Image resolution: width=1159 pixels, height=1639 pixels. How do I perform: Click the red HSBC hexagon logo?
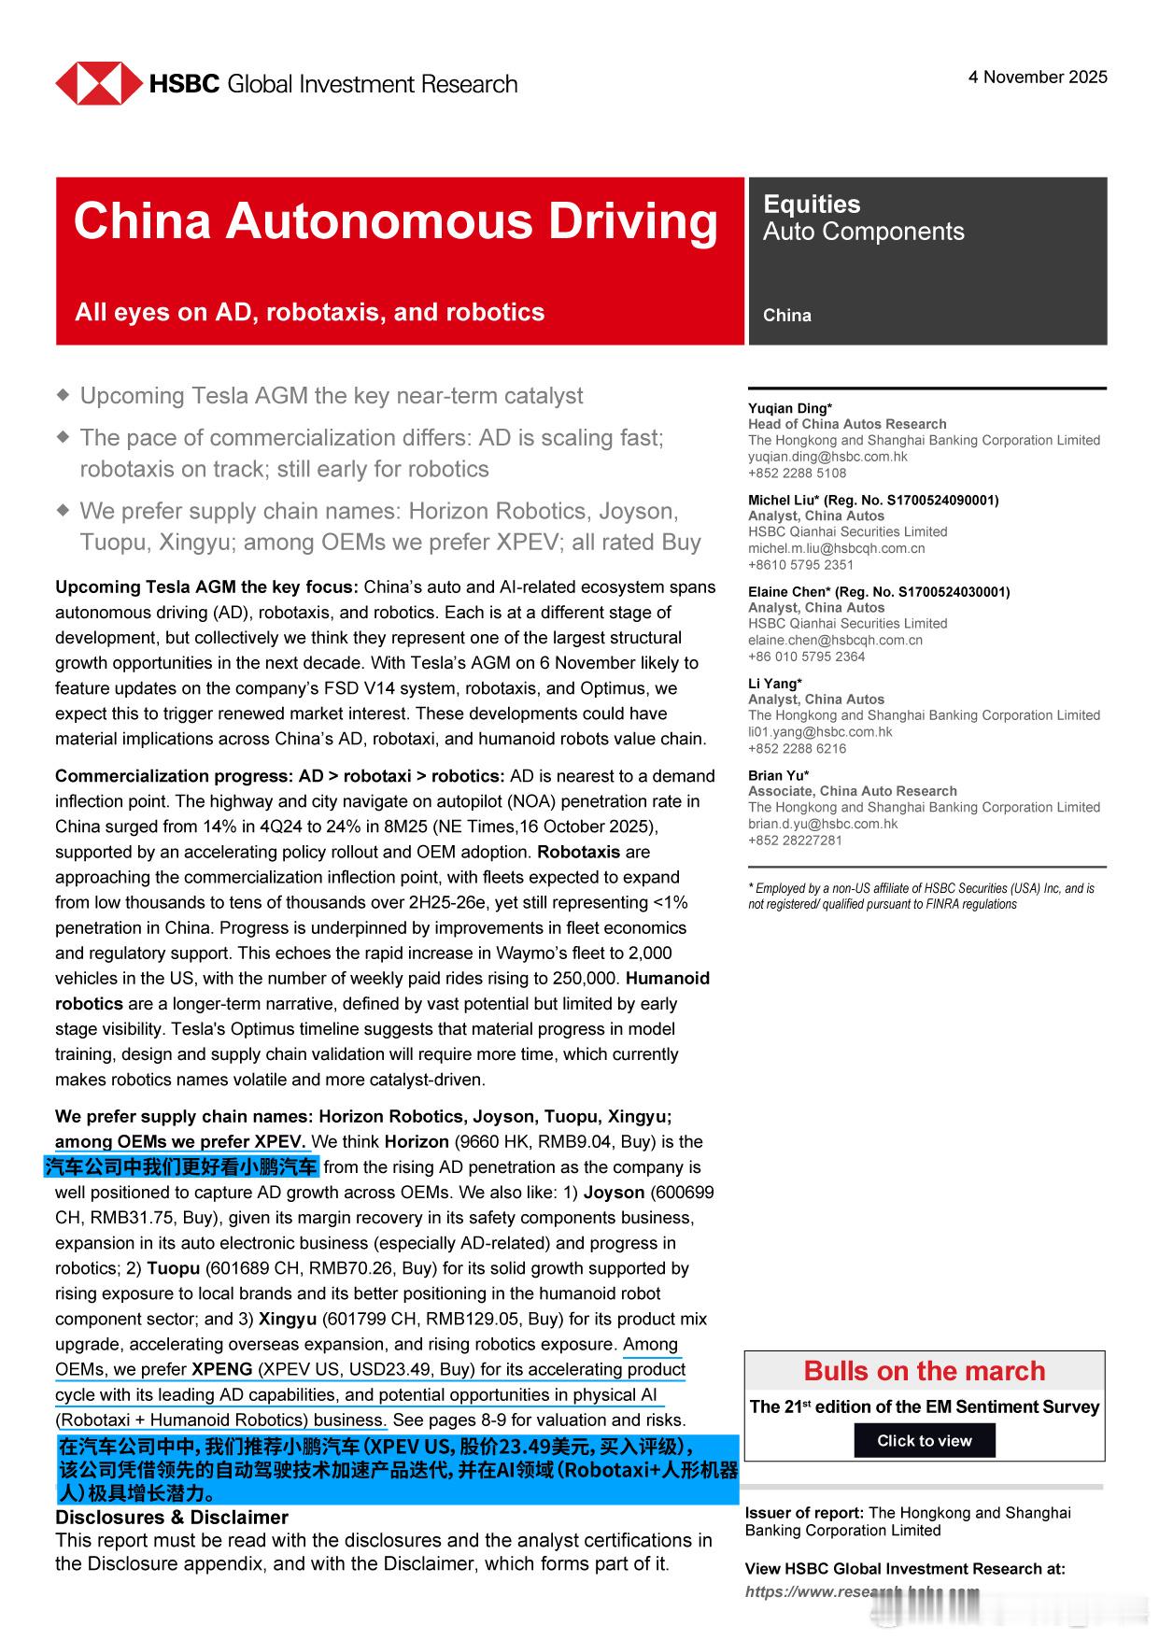pyautogui.click(x=98, y=84)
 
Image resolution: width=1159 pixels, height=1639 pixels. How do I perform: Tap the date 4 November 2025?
pyautogui.click(x=1038, y=78)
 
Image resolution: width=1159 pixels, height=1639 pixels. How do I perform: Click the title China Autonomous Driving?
pyautogui.click(x=396, y=222)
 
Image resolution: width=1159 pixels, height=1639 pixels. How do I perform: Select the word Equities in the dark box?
pyautogui.click(x=812, y=205)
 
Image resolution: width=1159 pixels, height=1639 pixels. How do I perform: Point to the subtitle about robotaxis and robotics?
pyautogui.click(x=309, y=312)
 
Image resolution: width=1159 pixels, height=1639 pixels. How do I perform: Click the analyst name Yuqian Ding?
pyautogui.click(x=789, y=408)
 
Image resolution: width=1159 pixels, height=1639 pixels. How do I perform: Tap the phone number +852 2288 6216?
pyautogui.click(x=797, y=748)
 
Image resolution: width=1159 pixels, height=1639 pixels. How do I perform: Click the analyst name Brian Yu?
pyautogui.click(x=778, y=775)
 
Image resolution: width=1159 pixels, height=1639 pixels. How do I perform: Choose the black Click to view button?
pyautogui.click(x=924, y=1440)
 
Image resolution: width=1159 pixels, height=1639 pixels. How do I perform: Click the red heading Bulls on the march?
pyautogui.click(x=924, y=1371)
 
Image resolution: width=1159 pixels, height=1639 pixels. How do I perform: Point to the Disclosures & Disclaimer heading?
pyautogui.click(x=172, y=1518)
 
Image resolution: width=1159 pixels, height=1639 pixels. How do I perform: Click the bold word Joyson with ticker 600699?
pyautogui.click(x=614, y=1193)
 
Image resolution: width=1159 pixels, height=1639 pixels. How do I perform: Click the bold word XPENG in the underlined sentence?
pyautogui.click(x=222, y=1369)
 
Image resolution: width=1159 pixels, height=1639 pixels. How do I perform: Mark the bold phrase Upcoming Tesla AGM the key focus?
pyautogui.click(x=206, y=587)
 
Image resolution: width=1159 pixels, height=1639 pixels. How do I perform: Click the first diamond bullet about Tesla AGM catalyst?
pyautogui.click(x=63, y=395)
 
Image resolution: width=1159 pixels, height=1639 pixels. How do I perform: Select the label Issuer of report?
pyautogui.click(x=804, y=1513)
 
